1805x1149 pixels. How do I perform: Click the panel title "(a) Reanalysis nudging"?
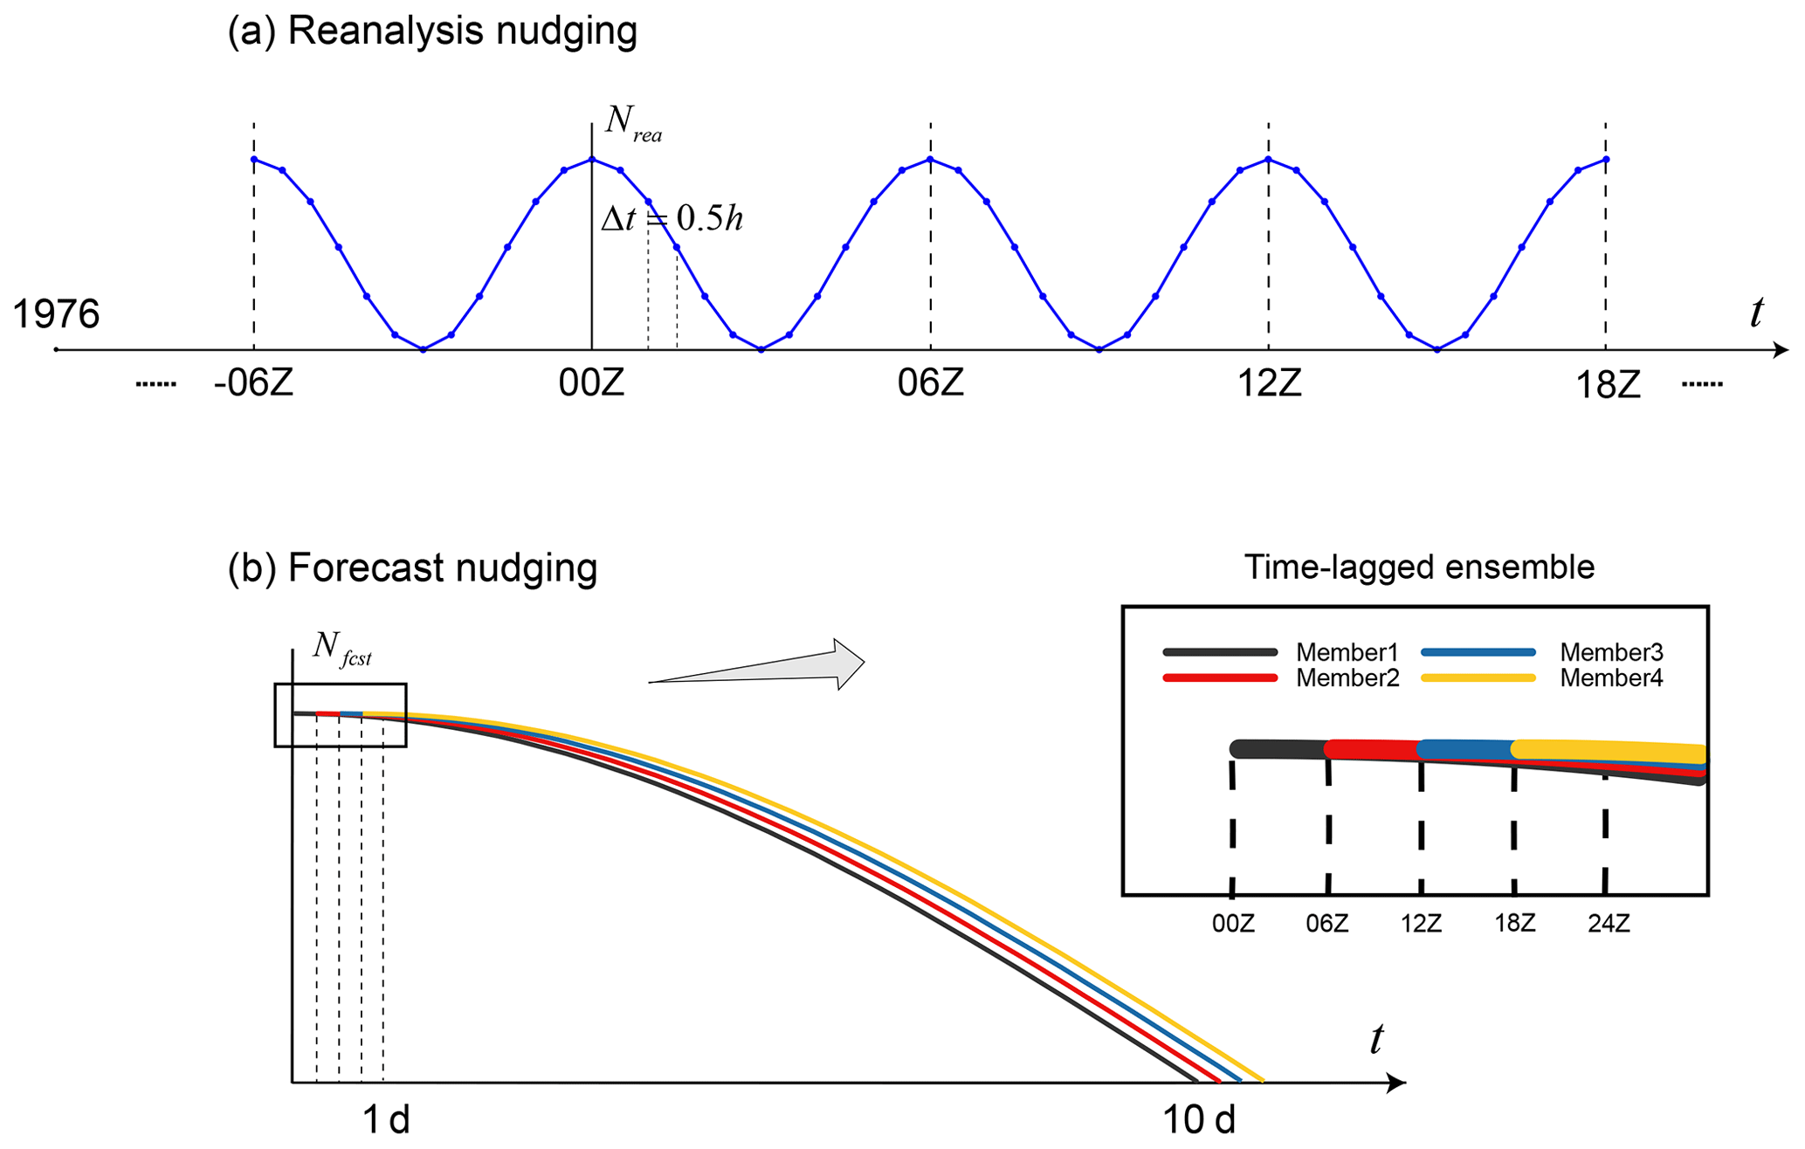coord(432,31)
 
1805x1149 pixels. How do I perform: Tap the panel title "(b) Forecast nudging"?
coord(412,568)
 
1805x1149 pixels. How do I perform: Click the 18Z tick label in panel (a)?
coord(1607,385)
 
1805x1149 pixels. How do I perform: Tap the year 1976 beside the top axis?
coord(56,314)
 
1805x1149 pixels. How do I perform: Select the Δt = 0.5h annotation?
coord(672,218)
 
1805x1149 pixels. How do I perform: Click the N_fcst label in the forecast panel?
coord(342,648)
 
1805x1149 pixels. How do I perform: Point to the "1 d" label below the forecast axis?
coord(386,1119)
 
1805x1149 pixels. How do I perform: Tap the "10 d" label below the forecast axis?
coord(1199,1119)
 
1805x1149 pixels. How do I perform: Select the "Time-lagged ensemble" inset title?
coord(1419,568)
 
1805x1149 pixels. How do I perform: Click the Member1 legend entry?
coord(1347,652)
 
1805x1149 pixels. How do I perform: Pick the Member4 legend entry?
coord(1611,678)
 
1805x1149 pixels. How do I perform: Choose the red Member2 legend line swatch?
coord(1220,678)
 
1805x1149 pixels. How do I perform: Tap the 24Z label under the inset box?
coord(1609,924)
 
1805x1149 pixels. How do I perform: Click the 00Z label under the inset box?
coord(1233,924)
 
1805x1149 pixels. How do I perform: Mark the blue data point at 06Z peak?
coord(931,160)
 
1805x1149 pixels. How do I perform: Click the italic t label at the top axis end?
coord(1757,313)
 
